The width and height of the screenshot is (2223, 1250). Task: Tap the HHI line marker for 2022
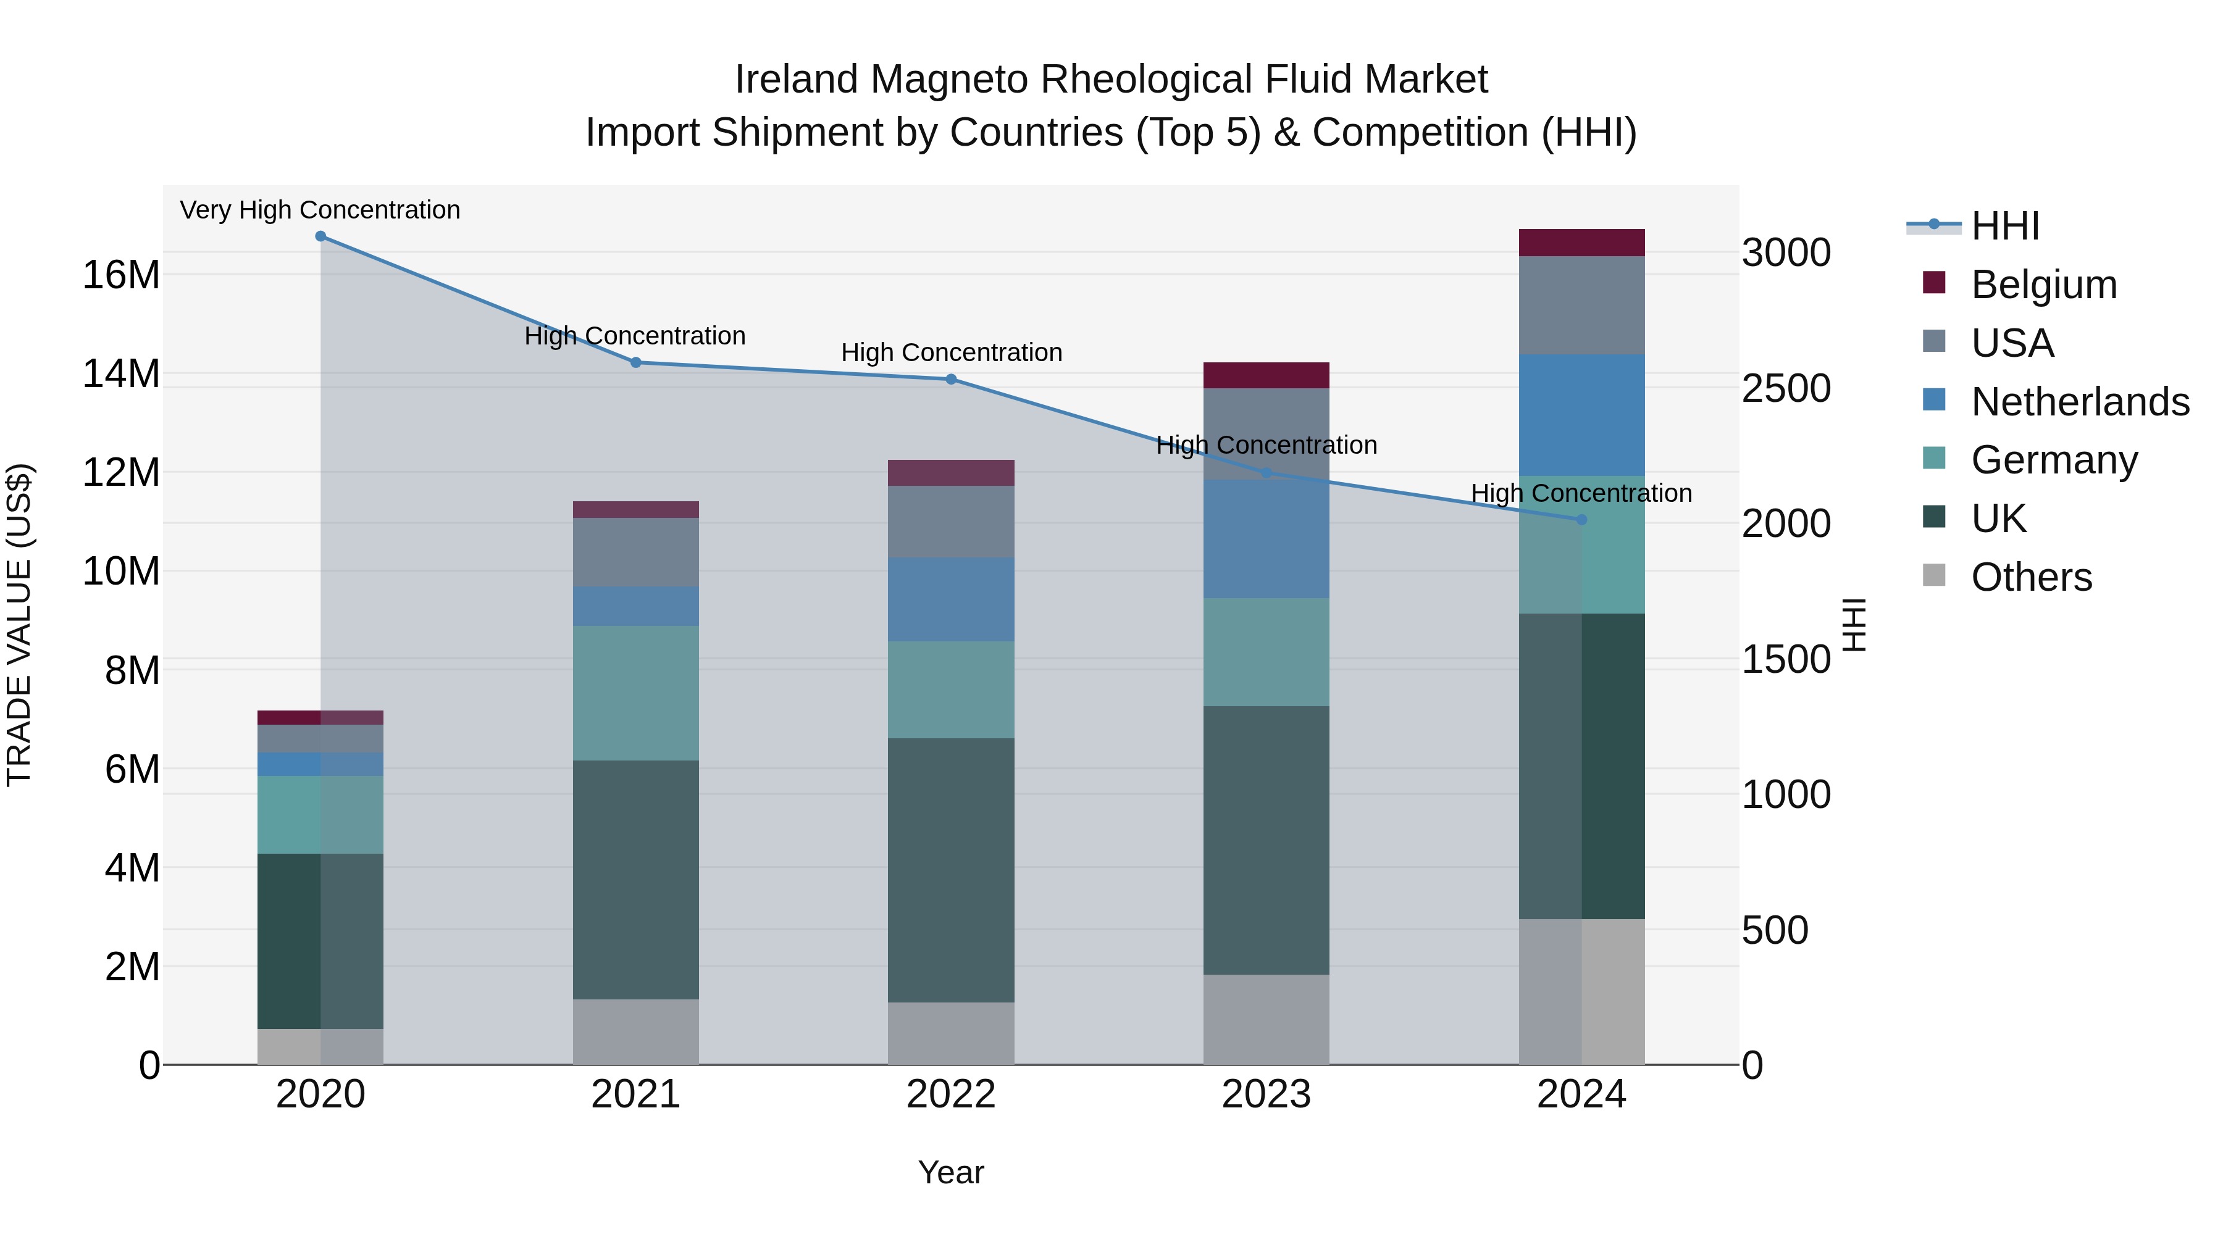(x=951, y=380)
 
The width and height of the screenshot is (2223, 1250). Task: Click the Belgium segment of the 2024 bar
(x=1582, y=243)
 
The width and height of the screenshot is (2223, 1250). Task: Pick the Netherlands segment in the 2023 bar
(x=1266, y=539)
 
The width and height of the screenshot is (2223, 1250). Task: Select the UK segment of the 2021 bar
(x=636, y=880)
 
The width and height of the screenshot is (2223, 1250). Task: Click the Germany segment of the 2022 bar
(x=951, y=690)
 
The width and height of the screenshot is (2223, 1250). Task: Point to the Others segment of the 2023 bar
(x=1266, y=1020)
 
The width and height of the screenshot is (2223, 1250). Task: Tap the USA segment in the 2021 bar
(x=636, y=553)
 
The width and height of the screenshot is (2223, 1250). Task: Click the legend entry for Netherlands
(x=2080, y=402)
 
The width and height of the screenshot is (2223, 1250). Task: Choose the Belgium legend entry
(x=2043, y=285)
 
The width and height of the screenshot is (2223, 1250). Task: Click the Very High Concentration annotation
(x=320, y=210)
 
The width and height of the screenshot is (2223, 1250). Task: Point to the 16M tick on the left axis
(x=121, y=275)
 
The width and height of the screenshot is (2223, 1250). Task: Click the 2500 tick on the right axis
(x=1785, y=388)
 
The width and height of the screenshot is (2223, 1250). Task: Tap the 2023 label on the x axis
(x=1266, y=1094)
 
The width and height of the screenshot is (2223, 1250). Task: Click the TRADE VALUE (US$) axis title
(x=19, y=625)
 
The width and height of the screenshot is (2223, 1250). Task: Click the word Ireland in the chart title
(x=796, y=80)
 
